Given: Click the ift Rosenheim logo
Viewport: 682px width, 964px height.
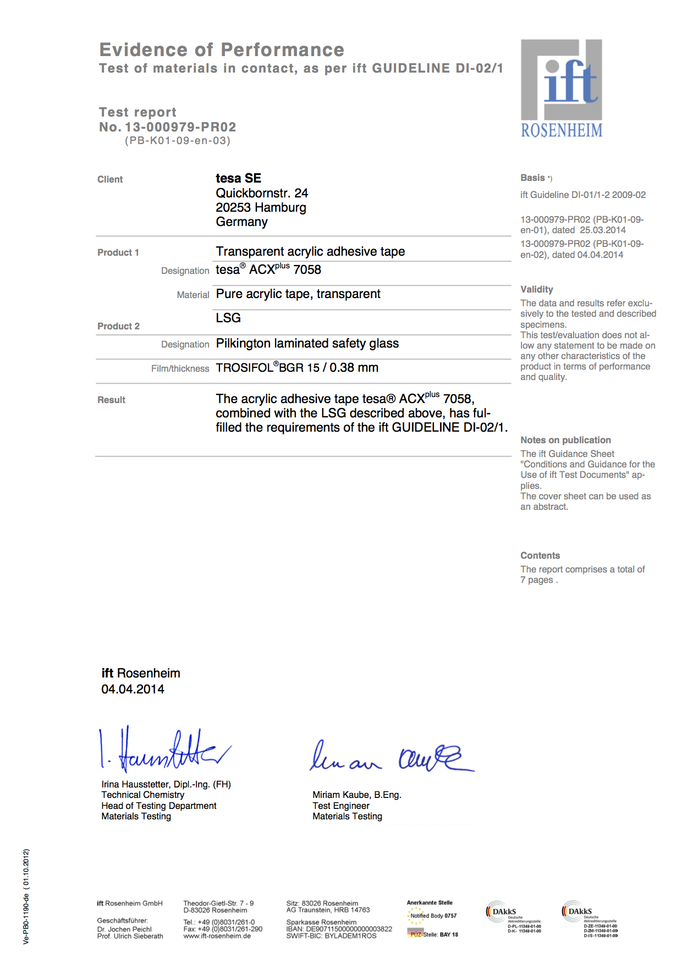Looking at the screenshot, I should pyautogui.click(x=562, y=88).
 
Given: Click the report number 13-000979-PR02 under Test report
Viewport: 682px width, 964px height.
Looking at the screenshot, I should pyautogui.click(x=180, y=127).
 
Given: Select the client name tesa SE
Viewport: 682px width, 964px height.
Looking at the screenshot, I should pyautogui.click(x=238, y=178).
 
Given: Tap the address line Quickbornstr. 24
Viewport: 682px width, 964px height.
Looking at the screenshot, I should pyautogui.click(x=262, y=193).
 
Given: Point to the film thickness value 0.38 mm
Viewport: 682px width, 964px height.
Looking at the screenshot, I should pyautogui.click(x=354, y=368).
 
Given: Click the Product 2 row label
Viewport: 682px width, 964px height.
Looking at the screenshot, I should pyautogui.click(x=118, y=326).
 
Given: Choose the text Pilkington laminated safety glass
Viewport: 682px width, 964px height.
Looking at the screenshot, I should pyautogui.click(x=307, y=344).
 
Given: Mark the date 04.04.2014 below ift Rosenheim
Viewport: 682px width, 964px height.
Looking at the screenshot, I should pyautogui.click(x=133, y=690).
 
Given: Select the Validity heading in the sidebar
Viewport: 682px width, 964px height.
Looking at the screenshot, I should pyautogui.click(x=536, y=289).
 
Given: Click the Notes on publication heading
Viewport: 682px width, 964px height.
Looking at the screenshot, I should pyautogui.click(x=565, y=440).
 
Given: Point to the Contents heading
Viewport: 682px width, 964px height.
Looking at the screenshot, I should pyautogui.click(x=540, y=555).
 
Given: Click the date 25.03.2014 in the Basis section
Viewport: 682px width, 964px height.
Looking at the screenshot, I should pyautogui.click(x=603, y=230).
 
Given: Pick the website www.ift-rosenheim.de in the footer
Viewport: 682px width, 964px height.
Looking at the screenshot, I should pyautogui.click(x=217, y=936).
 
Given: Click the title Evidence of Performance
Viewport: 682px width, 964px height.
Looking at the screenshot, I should pyautogui.click(x=222, y=49).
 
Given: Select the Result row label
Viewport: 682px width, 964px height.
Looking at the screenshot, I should pyautogui.click(x=111, y=400).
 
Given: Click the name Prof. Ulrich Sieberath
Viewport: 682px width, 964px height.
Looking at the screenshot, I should pyautogui.click(x=130, y=936).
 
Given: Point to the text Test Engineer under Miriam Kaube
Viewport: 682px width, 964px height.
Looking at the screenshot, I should pyautogui.click(x=340, y=806).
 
